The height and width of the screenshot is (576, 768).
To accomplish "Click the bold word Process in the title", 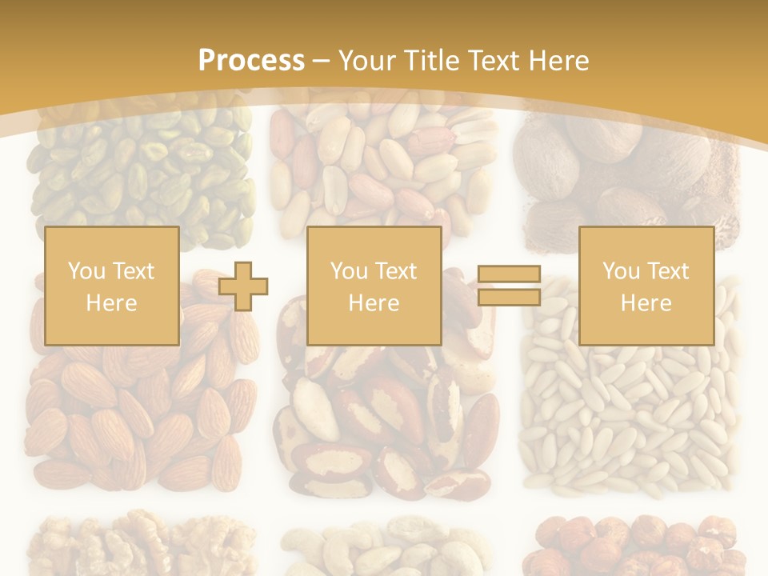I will [251, 61].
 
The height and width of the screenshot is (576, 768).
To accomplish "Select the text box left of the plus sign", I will [112, 286].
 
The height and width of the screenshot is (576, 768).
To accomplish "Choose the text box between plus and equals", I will [374, 286].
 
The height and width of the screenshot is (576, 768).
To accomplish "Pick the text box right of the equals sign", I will [646, 286].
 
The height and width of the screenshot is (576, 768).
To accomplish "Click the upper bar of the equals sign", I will [510, 274].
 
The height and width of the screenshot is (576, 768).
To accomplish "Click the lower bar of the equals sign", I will [510, 298].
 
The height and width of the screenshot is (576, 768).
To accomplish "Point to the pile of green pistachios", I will [140, 172].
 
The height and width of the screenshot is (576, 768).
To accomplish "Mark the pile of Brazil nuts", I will [384, 416].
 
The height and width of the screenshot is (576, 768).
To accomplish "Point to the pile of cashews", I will [384, 548].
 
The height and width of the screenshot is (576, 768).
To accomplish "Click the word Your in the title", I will [368, 61].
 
